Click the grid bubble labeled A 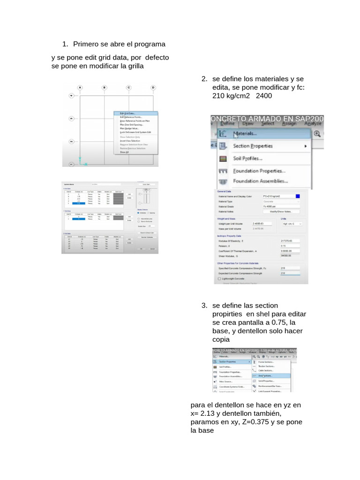coord(80,88)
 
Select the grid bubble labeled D coord(153,88)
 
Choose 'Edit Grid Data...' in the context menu coord(127,113)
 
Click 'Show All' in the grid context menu coord(124,152)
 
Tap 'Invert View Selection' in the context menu coord(130,141)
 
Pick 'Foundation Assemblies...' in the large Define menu coord(260,181)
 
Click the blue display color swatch coord(298,196)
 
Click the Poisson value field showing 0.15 coord(289,246)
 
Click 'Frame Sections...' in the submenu coord(266,362)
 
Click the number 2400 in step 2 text coord(264,96)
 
